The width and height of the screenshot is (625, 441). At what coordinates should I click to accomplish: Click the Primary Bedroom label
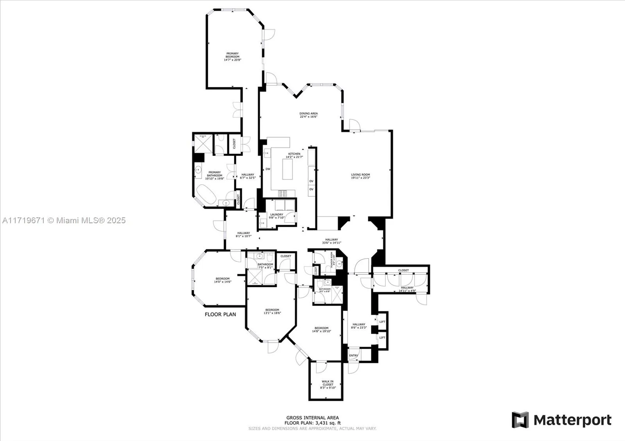[x=232, y=55]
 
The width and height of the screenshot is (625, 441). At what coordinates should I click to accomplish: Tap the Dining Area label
[x=309, y=114]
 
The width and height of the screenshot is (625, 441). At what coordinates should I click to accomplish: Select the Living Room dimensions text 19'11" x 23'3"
[x=360, y=178]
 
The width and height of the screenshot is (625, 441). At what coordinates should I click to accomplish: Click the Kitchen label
[x=294, y=154]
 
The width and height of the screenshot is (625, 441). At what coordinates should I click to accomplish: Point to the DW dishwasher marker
[x=268, y=169]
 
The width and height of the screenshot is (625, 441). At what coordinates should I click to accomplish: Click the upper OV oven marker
[x=311, y=181]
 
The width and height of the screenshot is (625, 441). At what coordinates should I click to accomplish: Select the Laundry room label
[x=277, y=215]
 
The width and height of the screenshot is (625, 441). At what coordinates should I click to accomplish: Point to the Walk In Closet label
[x=328, y=383]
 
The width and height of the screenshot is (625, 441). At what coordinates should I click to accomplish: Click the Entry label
[x=354, y=356]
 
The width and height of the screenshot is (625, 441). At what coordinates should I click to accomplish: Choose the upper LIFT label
[x=382, y=322]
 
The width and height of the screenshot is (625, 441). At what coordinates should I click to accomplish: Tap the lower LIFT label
[x=382, y=338]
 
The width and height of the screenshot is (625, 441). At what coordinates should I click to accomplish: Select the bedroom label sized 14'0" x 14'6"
[x=223, y=279]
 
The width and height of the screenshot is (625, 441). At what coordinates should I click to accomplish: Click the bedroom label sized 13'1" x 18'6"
[x=272, y=310]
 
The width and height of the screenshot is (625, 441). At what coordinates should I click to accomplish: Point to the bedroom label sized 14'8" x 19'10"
[x=321, y=328]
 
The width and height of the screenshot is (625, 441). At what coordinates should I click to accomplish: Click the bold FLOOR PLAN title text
[x=220, y=314]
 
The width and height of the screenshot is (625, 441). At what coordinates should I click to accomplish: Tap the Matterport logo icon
[x=520, y=420]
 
